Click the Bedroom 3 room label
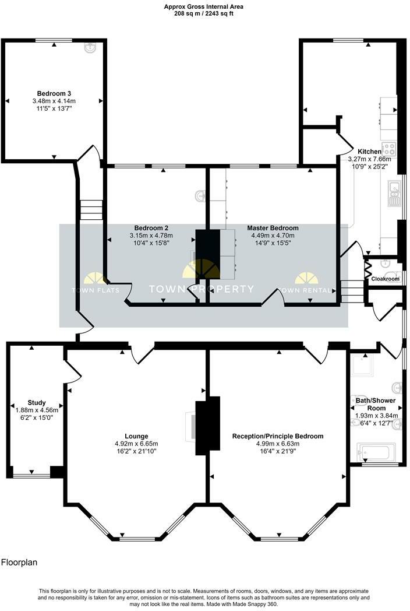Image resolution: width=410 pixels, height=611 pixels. tap(54, 93)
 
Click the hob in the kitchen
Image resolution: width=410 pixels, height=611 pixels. tap(388, 149)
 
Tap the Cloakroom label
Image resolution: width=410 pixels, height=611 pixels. tap(385, 279)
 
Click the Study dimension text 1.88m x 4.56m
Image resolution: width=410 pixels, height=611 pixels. tap(37, 410)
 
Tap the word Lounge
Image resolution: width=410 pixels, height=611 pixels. tap(136, 436)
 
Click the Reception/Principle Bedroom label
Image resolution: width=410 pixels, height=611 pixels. tap(277, 436)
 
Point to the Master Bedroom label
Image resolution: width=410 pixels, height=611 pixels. tap(273, 228)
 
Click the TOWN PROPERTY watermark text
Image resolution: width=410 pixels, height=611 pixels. tap(202, 289)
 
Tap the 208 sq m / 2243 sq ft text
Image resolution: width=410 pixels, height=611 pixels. tap(204, 14)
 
